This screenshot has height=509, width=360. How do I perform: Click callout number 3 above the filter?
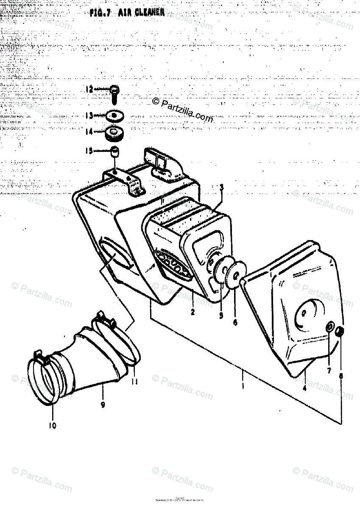[221, 187]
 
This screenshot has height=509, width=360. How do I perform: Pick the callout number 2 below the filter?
[193, 312]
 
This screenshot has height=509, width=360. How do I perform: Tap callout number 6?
[235, 322]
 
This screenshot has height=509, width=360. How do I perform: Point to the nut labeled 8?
[340, 331]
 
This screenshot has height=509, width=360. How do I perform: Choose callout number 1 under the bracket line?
[243, 386]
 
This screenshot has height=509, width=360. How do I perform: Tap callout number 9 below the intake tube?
[103, 405]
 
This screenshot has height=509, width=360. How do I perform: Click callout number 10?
[53, 425]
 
